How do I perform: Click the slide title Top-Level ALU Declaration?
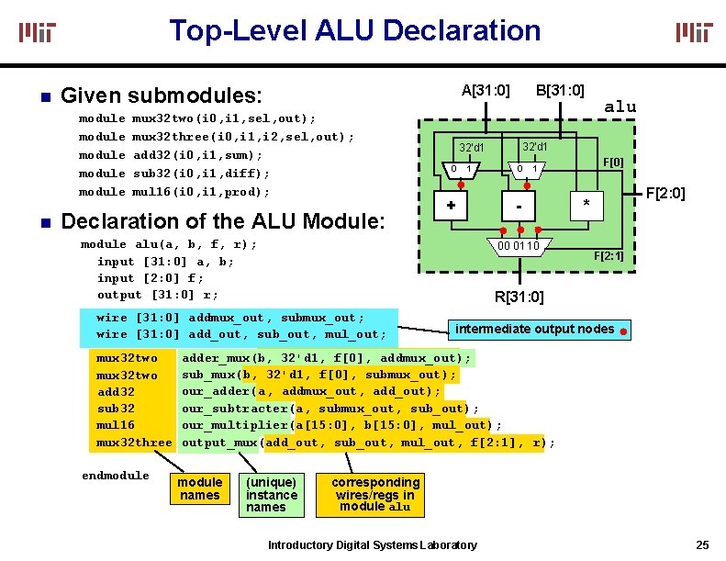[354, 30]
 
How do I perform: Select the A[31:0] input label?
[486, 90]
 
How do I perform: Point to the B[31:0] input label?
[560, 90]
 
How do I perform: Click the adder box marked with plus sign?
[452, 207]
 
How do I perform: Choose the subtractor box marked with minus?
[519, 208]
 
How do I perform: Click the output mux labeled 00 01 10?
[519, 246]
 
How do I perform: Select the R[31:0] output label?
[519, 297]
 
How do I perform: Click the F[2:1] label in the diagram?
[609, 256]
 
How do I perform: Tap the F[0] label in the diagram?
[612, 162]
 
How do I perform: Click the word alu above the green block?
[620, 107]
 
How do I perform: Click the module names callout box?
[199, 489]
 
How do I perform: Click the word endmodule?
[116, 475]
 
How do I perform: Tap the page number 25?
[702, 545]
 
